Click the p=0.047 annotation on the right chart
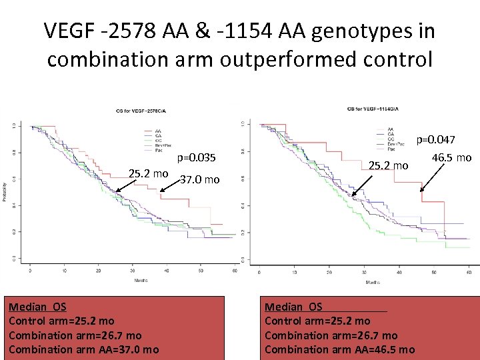pos(435,139)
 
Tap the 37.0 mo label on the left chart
pos(200,179)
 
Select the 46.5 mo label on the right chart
pos(451,157)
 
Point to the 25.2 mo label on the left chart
pos(148,173)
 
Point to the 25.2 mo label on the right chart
pos(388,165)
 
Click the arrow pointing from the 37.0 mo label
pos(170,186)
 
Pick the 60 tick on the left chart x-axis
pos(235,271)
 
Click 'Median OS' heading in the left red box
pos(37,307)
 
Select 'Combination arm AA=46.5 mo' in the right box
pos(339,349)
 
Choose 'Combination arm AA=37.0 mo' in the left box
pos(83,349)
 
